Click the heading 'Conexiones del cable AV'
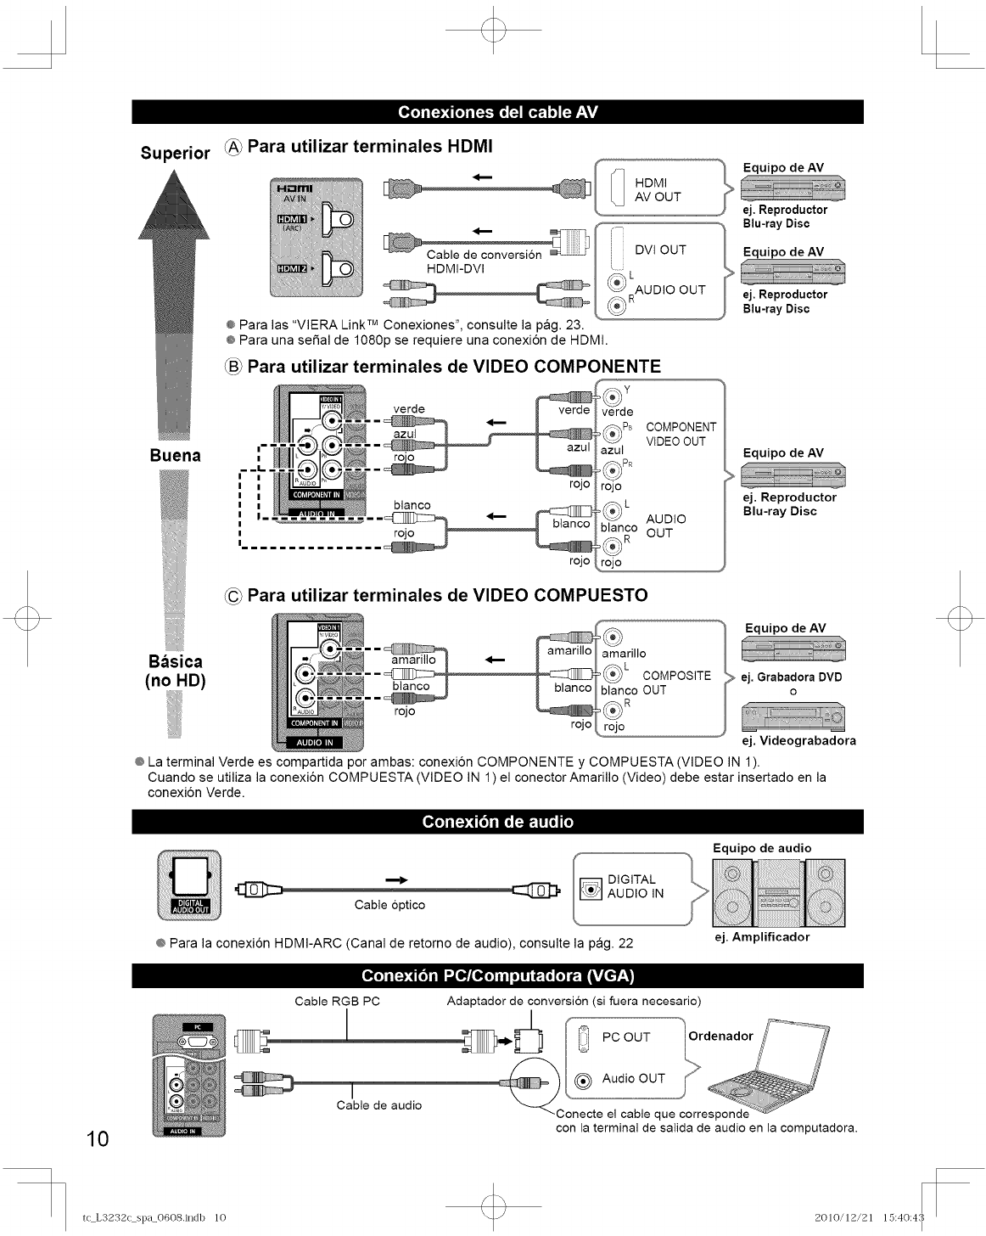coord(497,112)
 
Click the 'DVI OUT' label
coord(660,250)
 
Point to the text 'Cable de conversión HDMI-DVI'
coord(484,261)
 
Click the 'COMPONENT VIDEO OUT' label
coord(681,434)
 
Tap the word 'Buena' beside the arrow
coord(175,455)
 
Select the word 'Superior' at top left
coord(175,153)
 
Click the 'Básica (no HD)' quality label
coord(175,671)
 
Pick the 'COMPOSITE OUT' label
coord(675,683)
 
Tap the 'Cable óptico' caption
coord(389,905)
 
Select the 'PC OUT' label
coord(625,1037)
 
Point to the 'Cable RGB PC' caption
coord(337,1002)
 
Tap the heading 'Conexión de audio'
coord(497,822)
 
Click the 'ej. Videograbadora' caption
coord(798,740)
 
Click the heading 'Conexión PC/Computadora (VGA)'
coord(497,975)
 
